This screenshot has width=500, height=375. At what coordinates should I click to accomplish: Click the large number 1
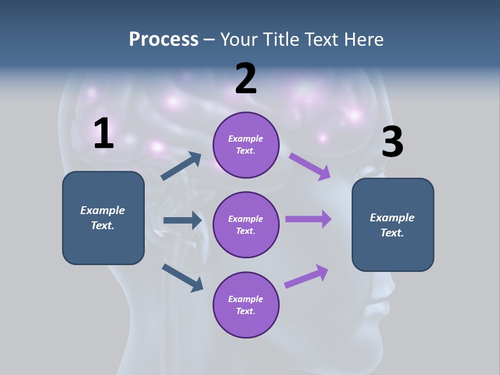tap(104, 133)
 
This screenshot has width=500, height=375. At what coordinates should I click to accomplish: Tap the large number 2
tap(246, 79)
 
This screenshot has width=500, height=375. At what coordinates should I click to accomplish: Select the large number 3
tap(392, 142)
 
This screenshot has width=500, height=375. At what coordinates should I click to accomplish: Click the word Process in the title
tap(164, 39)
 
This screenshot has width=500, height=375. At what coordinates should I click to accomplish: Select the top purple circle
tap(246, 145)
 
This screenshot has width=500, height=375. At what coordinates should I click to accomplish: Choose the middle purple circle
tap(246, 224)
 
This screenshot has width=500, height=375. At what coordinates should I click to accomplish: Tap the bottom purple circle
tap(246, 305)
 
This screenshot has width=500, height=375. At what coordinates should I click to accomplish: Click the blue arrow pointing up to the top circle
tap(181, 166)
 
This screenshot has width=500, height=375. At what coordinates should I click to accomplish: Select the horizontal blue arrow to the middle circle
tap(182, 220)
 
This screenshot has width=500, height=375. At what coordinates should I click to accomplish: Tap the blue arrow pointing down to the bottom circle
tap(182, 278)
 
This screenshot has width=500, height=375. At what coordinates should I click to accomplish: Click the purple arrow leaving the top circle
tap(310, 166)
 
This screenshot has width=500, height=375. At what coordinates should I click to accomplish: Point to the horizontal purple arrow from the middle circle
tap(308, 219)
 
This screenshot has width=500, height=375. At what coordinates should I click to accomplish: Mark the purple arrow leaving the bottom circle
tap(306, 277)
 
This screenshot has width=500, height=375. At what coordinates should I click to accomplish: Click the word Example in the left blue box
tap(103, 210)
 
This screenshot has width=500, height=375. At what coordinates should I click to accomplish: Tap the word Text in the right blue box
tap(391, 233)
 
